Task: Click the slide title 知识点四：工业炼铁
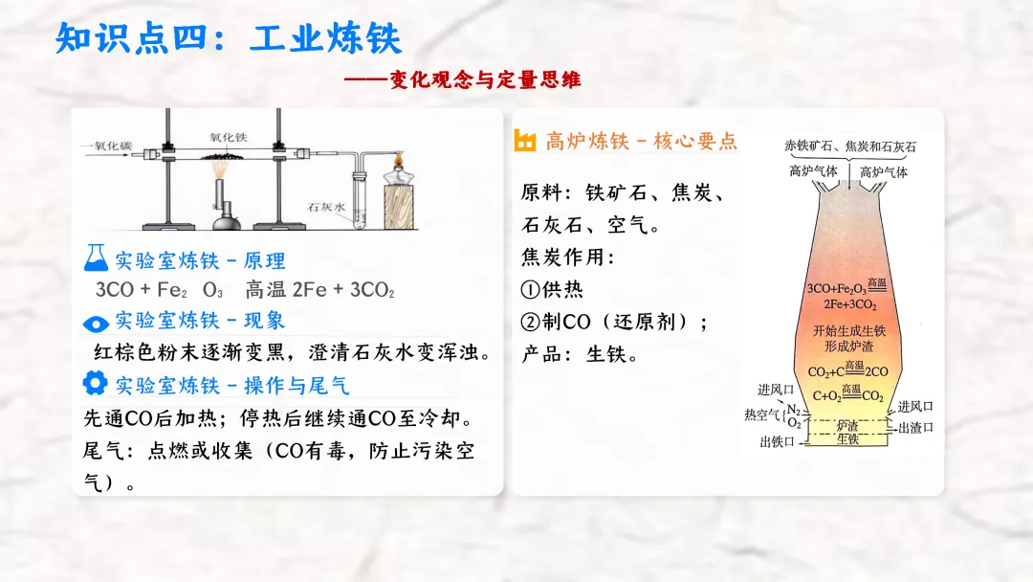(x=230, y=39)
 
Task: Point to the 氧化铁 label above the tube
(x=230, y=137)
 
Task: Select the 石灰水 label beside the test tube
(x=326, y=206)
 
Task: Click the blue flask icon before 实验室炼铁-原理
(x=96, y=258)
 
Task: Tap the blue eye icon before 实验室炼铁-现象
(x=96, y=322)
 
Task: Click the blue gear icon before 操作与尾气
(x=96, y=384)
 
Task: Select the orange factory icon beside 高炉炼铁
(x=525, y=141)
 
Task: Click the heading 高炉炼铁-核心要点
(x=641, y=142)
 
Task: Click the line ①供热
(x=552, y=289)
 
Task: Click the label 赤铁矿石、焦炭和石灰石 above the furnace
(x=849, y=146)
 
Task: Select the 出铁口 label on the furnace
(x=777, y=441)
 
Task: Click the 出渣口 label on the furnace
(x=915, y=428)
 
